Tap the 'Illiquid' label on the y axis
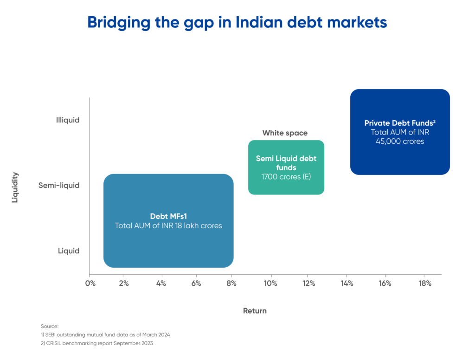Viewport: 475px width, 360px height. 68,120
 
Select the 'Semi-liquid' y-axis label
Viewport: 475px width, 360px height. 59,185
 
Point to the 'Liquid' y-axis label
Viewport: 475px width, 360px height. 69,251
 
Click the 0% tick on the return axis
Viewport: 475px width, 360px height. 90,283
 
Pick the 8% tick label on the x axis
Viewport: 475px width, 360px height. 231,283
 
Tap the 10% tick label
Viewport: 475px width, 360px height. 270,283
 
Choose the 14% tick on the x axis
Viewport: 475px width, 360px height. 347,283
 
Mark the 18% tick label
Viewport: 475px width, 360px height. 425,283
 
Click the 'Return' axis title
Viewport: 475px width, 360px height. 255,311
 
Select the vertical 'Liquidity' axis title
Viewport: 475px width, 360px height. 15,187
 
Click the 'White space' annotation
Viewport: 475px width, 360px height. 285,133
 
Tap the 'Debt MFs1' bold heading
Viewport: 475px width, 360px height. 168,216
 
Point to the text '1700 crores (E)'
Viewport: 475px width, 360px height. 286,177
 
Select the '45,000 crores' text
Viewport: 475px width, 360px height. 400,141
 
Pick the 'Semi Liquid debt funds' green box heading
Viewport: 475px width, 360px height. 286,163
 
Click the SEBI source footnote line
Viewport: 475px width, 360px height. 105,334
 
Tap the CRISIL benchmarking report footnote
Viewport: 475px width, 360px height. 96,343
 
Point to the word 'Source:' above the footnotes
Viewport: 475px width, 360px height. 50,326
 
